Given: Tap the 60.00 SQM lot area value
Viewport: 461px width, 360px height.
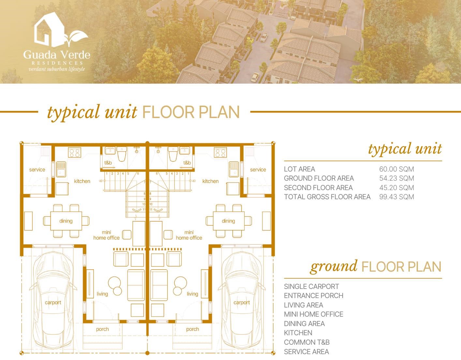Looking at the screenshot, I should pos(396,169).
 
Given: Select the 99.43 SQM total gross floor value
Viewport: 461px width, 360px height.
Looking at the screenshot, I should pos(396,197).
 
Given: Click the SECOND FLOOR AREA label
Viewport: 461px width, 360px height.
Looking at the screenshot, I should pos(318,188).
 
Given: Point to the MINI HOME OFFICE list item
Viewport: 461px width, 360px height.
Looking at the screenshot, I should pos(313,314).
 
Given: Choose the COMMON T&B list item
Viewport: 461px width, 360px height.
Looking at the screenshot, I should pos(306,342).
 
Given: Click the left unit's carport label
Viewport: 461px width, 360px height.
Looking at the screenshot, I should pos(53,303).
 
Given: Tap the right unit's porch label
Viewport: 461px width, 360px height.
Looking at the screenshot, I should pos(192,329).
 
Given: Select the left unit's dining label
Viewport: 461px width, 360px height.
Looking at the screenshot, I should pos(66,221).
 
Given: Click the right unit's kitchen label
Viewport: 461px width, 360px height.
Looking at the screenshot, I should pos(210,181).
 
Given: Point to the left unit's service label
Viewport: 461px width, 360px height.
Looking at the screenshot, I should pos(37,170).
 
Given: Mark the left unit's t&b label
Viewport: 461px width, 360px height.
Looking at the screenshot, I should pos(108,163).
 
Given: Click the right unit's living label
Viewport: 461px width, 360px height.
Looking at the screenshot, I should pos(192,294).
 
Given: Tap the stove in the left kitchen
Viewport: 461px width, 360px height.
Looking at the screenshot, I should pos(74,153).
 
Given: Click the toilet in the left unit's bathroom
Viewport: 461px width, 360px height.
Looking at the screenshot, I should pos(122,154).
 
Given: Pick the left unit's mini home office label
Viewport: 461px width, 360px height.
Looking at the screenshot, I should pos(106,235).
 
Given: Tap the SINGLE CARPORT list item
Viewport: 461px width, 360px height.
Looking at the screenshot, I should pos(311,287).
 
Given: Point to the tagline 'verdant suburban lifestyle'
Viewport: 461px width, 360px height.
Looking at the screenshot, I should pos(57,69).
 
